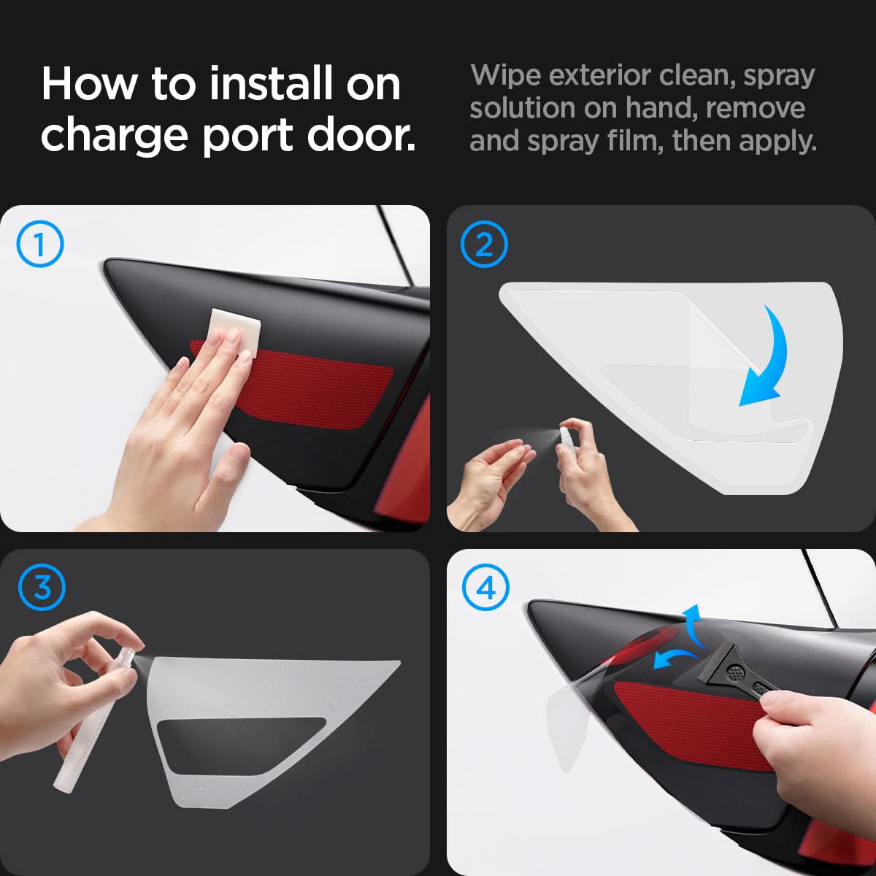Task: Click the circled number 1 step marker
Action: coord(40,244)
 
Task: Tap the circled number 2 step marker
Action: coord(484,244)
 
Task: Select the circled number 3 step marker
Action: coord(42,587)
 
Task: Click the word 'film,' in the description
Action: coord(633,141)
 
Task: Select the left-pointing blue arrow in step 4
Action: coord(675,658)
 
